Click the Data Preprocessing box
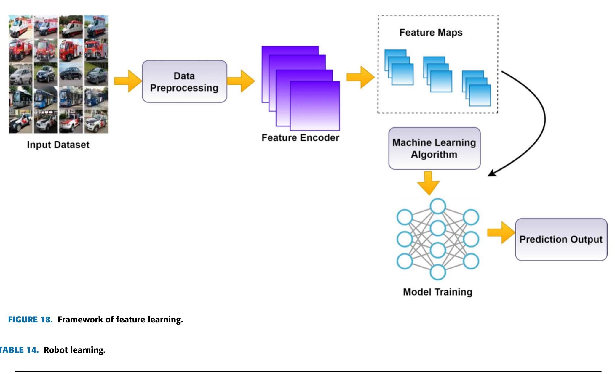click(x=184, y=82)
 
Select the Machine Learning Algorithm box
click(x=434, y=148)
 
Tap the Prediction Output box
click(x=561, y=239)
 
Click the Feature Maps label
click(x=431, y=33)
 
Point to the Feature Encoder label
click(x=300, y=138)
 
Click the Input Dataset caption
click(x=58, y=145)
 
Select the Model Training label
click(x=437, y=292)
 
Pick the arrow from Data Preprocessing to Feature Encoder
click(x=241, y=81)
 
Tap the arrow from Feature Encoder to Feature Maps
click(x=360, y=78)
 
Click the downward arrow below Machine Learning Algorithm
click(x=429, y=183)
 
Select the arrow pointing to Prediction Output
click(x=501, y=233)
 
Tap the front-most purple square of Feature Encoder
click(x=315, y=106)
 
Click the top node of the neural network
click(x=438, y=206)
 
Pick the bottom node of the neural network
click(x=438, y=272)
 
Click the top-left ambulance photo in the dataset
click(x=20, y=27)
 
